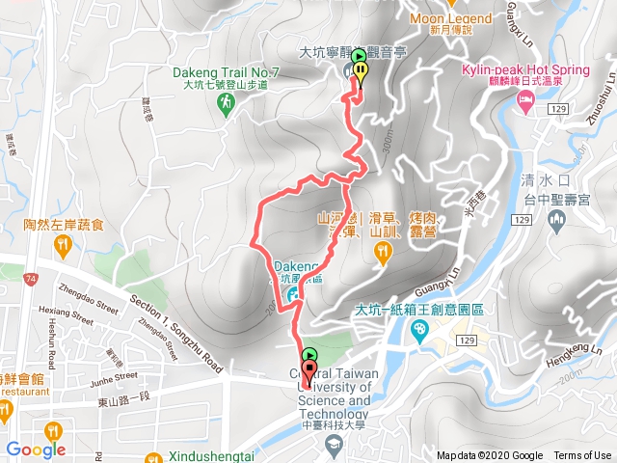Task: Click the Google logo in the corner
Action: coord(36,449)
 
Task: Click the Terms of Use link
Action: coord(582,456)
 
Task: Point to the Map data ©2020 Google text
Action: coord(489,456)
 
